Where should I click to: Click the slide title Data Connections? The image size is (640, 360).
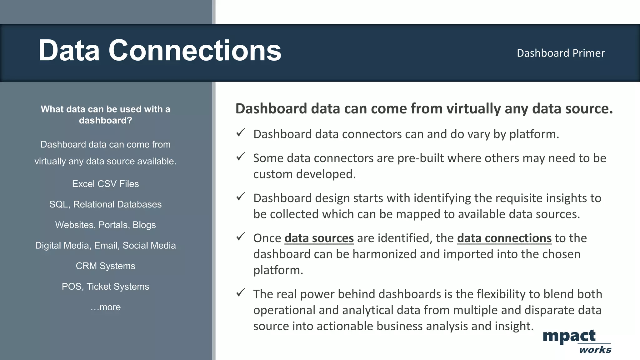(160, 51)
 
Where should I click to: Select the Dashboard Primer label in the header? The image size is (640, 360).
(561, 53)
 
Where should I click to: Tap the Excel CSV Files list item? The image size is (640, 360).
(105, 184)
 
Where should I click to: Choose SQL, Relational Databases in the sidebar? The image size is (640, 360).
(105, 204)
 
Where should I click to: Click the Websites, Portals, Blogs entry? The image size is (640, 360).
(105, 225)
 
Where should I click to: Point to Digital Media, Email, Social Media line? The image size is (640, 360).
(105, 246)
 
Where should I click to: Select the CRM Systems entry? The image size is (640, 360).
(105, 266)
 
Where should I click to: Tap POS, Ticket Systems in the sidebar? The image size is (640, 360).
(105, 287)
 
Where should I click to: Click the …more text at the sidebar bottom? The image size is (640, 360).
(105, 307)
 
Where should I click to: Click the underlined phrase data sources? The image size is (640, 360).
(319, 238)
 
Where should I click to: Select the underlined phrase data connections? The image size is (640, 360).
(504, 238)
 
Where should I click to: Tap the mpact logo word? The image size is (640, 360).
(569, 336)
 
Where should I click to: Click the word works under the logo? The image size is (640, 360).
(595, 350)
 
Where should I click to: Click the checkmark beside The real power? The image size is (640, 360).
(240, 292)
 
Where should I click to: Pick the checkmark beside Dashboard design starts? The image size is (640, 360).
(240, 197)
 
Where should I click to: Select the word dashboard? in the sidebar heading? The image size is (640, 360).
(105, 121)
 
